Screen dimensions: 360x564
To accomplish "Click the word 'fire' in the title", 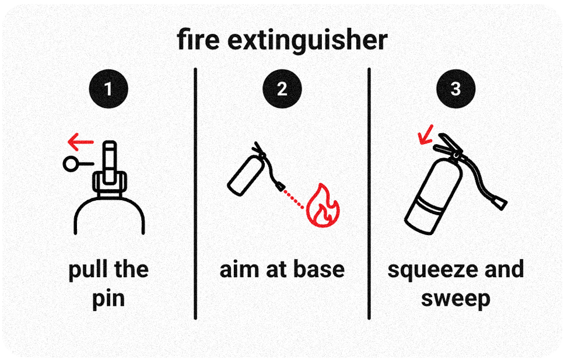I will (199, 41).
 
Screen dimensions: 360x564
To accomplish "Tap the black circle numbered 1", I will (108, 89).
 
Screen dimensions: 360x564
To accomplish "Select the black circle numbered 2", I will (282, 89).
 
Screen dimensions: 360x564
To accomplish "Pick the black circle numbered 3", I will (456, 89).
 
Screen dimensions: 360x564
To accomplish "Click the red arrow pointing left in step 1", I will (80, 141).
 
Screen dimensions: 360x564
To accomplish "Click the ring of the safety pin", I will (72, 165).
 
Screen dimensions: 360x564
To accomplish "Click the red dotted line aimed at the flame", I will (296, 198).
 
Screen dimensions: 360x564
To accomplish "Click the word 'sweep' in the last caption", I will (456, 299).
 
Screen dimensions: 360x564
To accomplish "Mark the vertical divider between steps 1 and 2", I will (195, 193).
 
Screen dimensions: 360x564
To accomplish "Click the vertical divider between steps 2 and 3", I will (369, 193).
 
